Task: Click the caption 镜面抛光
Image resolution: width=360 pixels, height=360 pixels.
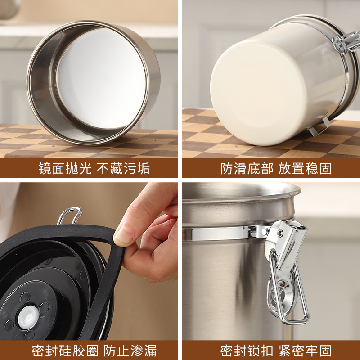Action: [x=65, y=168]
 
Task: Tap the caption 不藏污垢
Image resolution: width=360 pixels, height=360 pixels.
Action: [x=123, y=168]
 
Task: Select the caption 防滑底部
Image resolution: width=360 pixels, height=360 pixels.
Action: [x=247, y=168]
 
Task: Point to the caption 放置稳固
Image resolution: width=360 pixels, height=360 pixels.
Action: [x=305, y=168]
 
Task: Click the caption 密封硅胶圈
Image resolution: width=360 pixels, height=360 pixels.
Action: [x=65, y=351]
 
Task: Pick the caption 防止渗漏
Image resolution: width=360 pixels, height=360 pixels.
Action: [x=130, y=351]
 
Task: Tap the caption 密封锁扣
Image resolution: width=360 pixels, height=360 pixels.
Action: [x=247, y=351]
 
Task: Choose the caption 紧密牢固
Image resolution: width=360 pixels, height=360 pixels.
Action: [x=305, y=351]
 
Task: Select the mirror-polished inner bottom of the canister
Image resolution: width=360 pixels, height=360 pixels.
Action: [x=101, y=78]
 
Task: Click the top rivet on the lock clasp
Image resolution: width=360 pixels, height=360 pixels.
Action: [x=280, y=234]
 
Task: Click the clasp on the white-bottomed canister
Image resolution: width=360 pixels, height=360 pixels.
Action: [x=346, y=42]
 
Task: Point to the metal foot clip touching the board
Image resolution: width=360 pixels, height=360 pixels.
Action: [x=319, y=127]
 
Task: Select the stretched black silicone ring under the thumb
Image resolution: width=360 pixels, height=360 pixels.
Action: [x=108, y=275]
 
